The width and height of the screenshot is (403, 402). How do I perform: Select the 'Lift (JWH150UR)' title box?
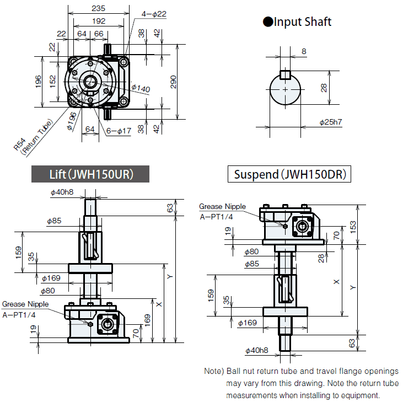click(x=90, y=175)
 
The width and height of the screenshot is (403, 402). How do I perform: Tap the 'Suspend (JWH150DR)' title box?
click(x=290, y=175)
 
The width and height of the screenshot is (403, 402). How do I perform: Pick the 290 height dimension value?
click(x=173, y=82)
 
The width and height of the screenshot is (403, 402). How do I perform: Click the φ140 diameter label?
click(x=141, y=88)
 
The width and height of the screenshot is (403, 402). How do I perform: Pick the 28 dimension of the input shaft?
click(x=324, y=88)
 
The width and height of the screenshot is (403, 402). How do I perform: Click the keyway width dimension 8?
click(x=304, y=52)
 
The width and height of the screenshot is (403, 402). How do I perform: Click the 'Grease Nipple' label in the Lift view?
click(x=25, y=304)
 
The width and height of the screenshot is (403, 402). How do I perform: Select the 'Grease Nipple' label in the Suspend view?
click(x=223, y=207)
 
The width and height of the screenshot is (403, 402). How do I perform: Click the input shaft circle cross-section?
click(x=284, y=89)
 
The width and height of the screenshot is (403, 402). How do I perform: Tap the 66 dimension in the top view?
click(x=99, y=34)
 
